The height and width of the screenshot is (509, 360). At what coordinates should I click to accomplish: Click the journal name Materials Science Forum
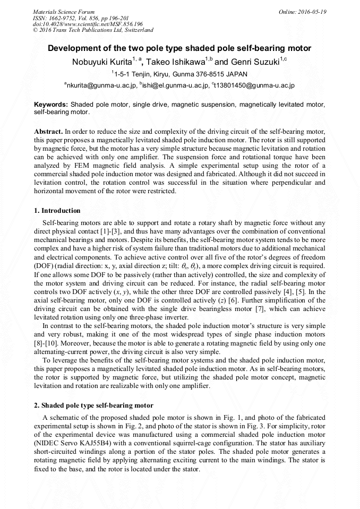(x=64, y=12)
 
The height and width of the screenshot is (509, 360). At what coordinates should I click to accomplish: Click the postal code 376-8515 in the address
(x=208, y=74)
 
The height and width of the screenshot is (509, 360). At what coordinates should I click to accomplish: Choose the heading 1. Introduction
(x=57, y=211)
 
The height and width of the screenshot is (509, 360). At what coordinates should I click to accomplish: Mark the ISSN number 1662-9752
(x=66, y=18)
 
